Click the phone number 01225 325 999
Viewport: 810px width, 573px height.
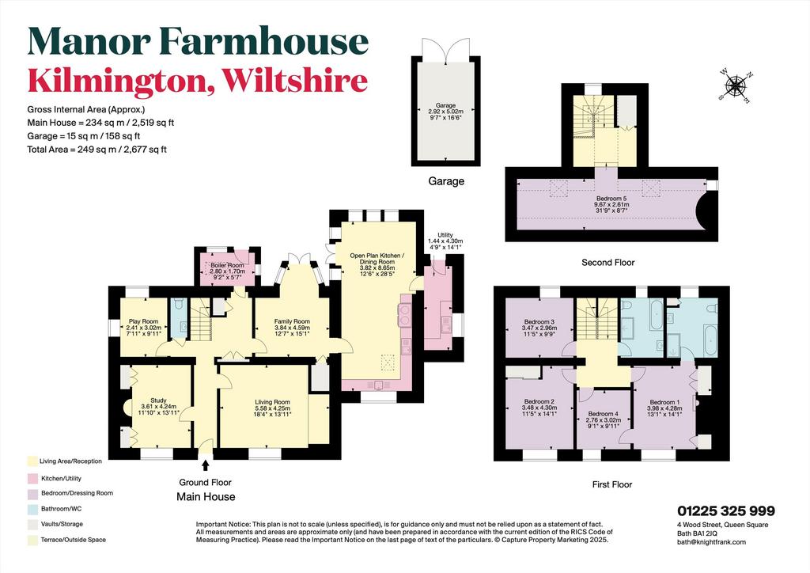click(726, 511)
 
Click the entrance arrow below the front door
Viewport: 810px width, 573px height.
click(206, 466)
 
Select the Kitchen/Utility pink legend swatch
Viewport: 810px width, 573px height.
click(32, 479)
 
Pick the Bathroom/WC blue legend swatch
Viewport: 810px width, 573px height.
click(32, 509)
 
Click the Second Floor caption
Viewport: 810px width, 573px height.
click(608, 263)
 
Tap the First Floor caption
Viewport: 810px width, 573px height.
click(612, 484)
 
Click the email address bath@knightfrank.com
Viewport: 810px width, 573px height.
click(711, 542)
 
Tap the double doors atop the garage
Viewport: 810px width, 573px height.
click(445, 47)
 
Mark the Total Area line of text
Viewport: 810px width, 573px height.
click(97, 150)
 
